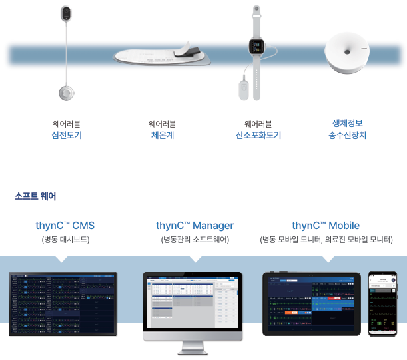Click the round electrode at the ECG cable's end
[65, 93]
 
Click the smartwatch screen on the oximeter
[256, 46]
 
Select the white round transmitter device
[346, 54]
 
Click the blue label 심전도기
[66, 135]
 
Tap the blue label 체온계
[163, 135]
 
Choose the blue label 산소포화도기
[258, 135]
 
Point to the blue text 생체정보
[347, 123]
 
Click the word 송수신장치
[347, 135]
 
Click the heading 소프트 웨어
[35, 196]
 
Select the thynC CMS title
[65, 226]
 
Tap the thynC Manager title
[195, 226]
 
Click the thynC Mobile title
[326, 226]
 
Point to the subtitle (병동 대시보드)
[65, 240]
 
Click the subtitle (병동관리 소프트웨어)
[195, 240]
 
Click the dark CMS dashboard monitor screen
[63, 303]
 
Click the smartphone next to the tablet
[382, 303]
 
